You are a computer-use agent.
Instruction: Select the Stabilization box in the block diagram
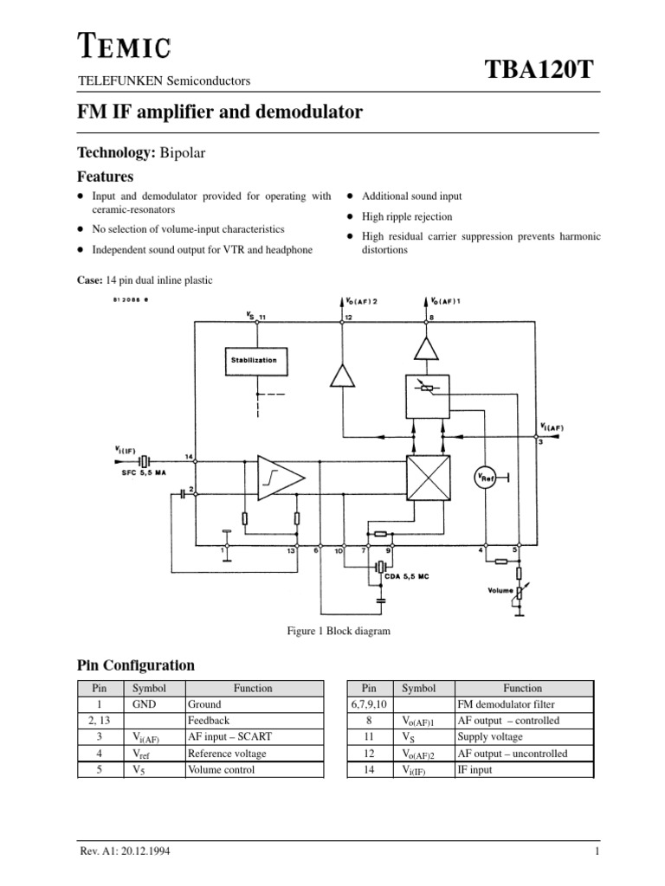(255, 360)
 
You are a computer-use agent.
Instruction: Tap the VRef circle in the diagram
(482, 478)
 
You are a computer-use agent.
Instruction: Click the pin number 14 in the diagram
(189, 456)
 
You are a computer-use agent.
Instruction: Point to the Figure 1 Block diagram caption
(338, 631)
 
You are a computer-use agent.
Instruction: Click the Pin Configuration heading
(136, 665)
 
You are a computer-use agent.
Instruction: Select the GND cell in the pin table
(143, 704)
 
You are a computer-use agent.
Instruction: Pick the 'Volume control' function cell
(222, 769)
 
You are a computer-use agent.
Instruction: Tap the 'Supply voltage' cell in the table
(490, 737)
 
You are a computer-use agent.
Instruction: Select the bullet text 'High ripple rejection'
(407, 217)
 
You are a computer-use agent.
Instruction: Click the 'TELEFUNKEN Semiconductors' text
(164, 81)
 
